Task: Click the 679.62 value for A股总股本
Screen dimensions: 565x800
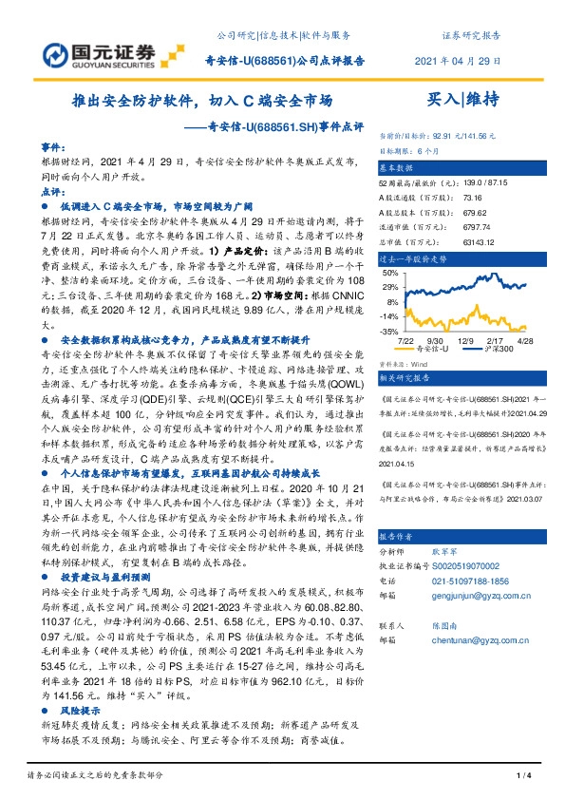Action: tap(474, 214)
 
